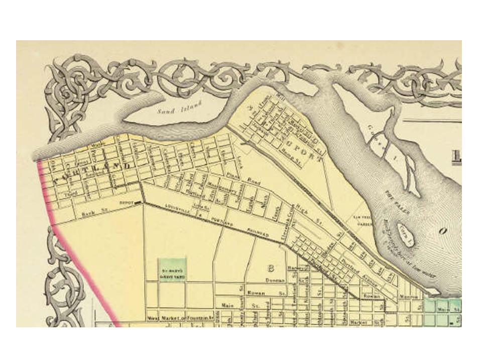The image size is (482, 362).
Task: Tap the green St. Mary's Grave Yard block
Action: (172, 269)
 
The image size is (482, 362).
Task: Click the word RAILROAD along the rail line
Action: (258, 233)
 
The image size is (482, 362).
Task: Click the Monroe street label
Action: (408, 297)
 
